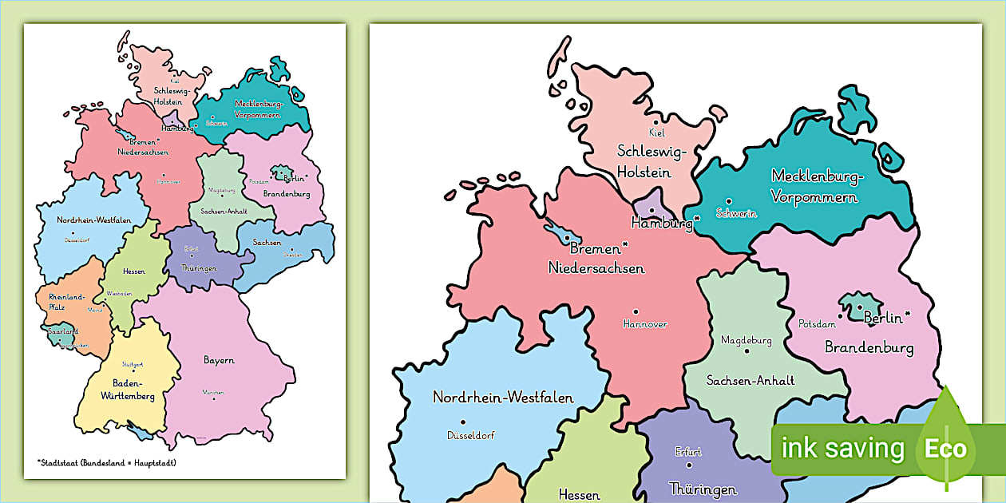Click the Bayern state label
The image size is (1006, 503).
219,360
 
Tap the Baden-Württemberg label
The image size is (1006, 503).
128,389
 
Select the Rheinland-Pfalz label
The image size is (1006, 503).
66,300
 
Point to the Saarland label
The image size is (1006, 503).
62,331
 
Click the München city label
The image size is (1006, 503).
213,392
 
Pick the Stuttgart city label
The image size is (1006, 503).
133,364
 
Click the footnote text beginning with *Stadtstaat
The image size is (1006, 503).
106,462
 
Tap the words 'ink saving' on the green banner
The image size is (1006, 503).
843,449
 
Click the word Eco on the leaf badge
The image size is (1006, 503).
945,449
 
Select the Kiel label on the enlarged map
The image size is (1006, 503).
656,133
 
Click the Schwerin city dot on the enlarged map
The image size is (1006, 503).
728,201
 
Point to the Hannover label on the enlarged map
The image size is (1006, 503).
644,324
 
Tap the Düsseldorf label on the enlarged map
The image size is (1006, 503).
467,436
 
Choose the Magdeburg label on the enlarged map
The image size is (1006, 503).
747,340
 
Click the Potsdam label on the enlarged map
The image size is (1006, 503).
818,324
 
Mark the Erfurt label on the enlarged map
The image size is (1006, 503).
687,451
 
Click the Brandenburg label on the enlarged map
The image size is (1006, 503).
869,347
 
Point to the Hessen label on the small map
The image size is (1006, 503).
134,271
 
